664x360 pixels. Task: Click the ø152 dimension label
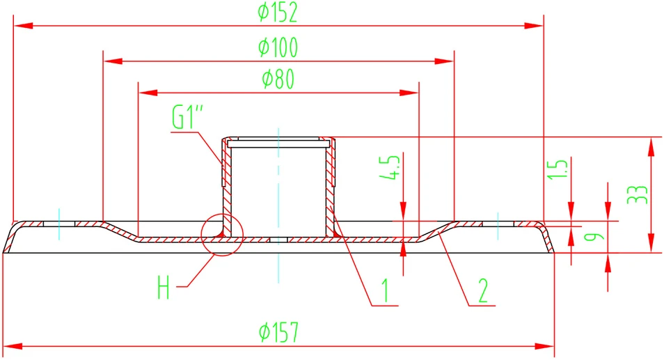click(278, 13)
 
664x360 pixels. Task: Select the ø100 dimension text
click(278, 47)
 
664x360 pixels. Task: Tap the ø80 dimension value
click(278, 79)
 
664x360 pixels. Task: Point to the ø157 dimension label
click(278, 331)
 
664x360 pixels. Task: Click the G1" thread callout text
click(188, 117)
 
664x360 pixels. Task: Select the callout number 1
click(385, 290)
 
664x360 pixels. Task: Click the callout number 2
click(483, 290)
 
